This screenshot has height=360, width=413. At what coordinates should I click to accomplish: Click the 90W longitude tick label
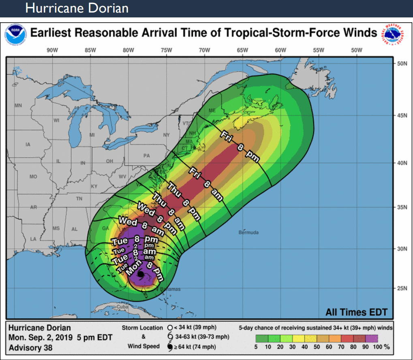[52, 50]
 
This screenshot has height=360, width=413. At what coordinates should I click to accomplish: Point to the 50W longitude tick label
[356, 50]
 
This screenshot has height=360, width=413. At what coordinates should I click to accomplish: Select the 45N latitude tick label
[402, 115]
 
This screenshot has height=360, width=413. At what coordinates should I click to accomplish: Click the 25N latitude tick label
[402, 289]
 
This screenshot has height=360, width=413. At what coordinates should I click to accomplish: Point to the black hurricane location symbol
[140, 275]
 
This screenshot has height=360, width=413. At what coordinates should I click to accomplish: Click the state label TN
[79, 198]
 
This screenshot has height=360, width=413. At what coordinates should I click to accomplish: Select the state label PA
[146, 156]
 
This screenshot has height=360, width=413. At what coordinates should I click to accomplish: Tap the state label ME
[212, 111]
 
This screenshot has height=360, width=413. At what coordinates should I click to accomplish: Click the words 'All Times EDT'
[356, 312]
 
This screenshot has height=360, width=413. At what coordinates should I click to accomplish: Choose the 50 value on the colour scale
[317, 347]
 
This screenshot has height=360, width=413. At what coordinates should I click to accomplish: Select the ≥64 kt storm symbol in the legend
[169, 347]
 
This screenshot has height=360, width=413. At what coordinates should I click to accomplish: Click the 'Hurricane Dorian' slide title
[77, 8]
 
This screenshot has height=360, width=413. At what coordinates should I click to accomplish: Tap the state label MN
[18, 106]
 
